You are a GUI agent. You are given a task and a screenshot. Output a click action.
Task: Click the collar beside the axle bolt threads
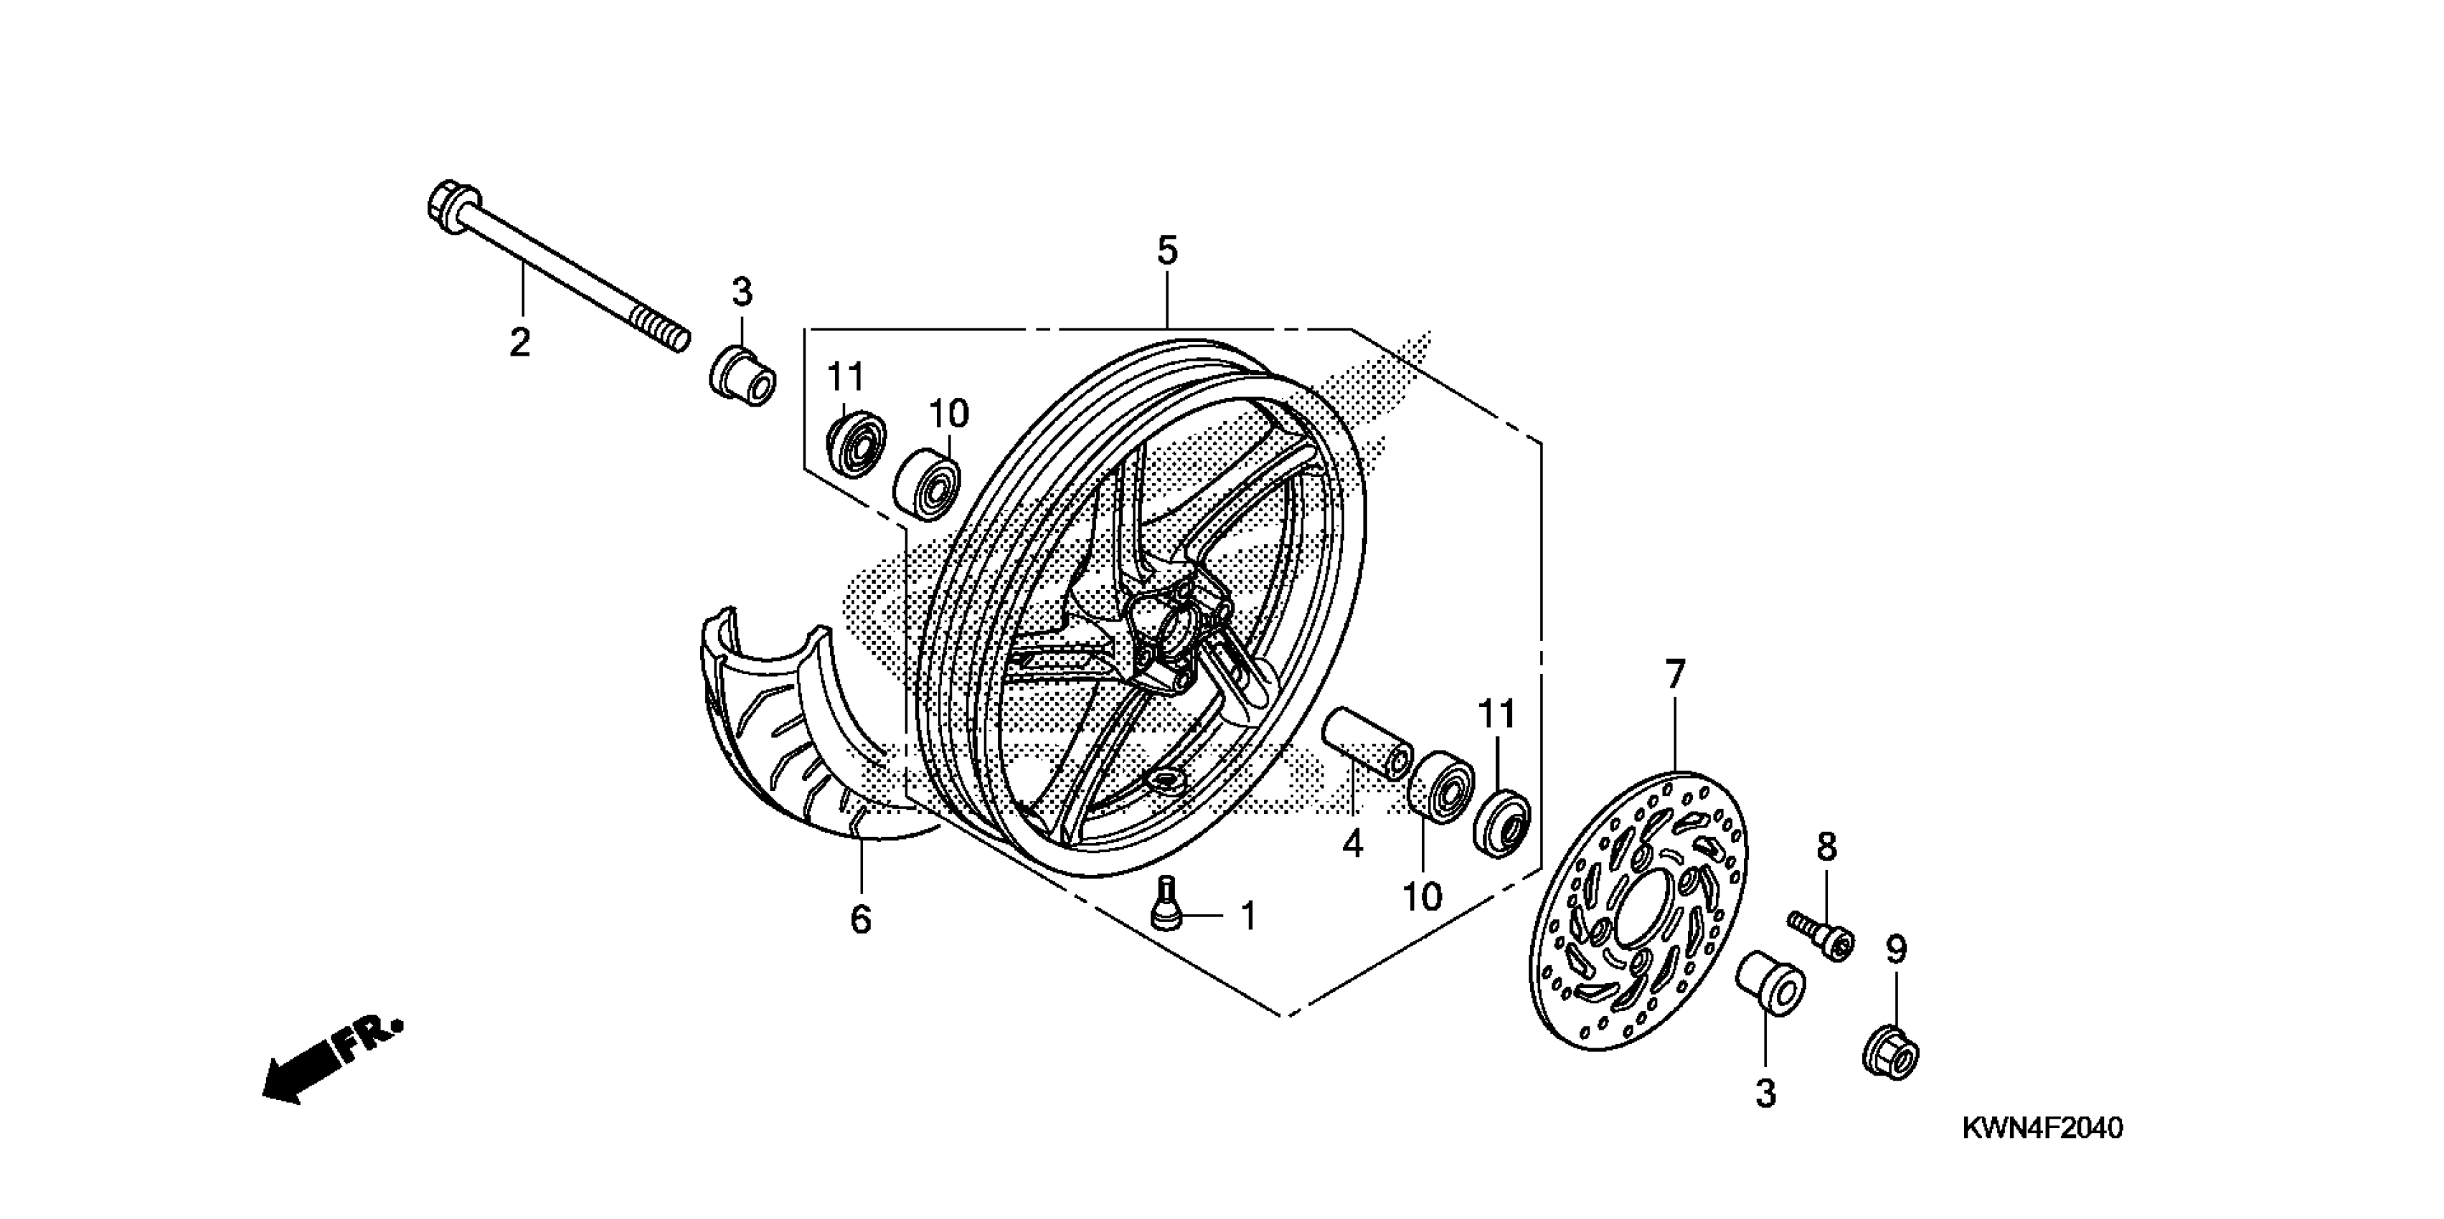pos(743,376)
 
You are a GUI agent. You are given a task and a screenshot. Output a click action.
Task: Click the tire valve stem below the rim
pos(1166,905)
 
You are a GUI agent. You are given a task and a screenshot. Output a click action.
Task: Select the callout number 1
pos(1249,916)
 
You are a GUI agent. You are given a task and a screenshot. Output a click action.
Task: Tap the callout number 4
pos(1352,843)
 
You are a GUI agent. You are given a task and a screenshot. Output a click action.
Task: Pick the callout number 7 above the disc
pos(1676,675)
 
